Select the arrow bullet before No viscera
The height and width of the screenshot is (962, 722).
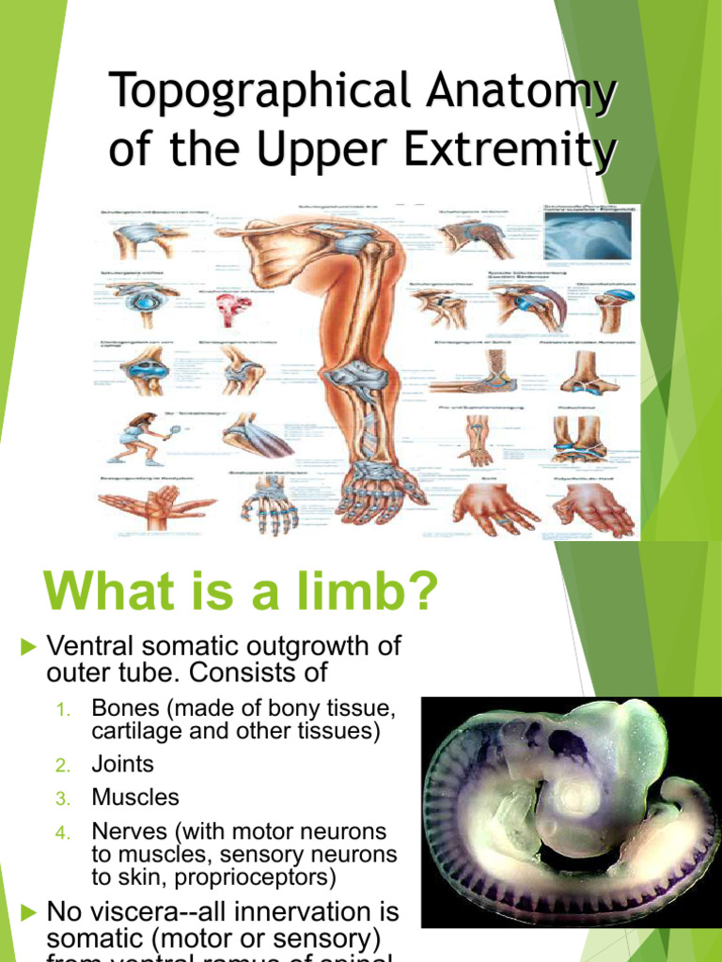(x=27, y=910)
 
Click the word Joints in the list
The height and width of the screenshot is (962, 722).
(x=122, y=765)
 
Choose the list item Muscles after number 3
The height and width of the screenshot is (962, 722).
(x=134, y=798)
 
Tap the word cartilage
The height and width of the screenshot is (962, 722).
(x=131, y=731)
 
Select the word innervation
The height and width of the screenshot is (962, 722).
(x=297, y=911)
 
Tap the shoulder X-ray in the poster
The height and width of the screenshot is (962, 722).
(x=589, y=235)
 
